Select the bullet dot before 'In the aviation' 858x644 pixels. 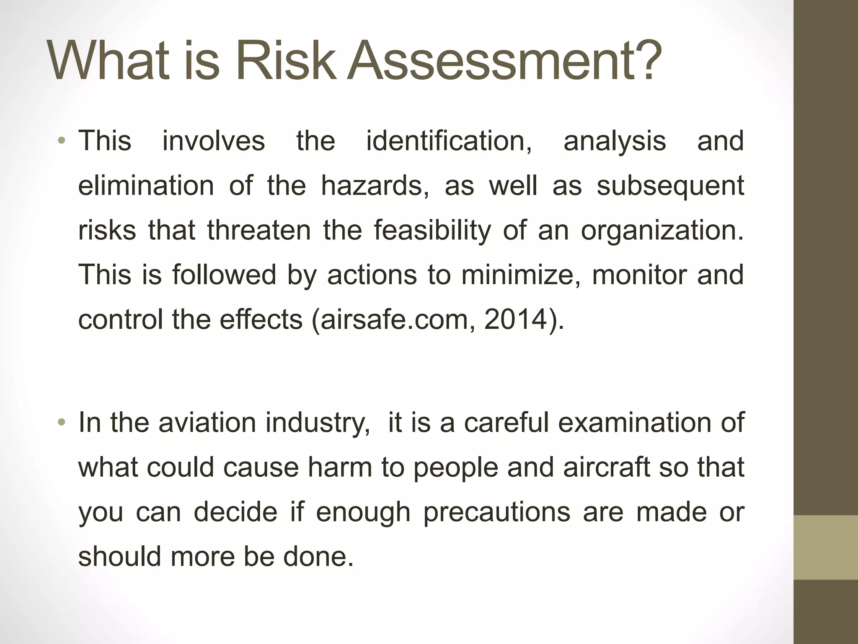tap(62, 422)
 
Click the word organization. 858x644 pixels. tap(662, 230)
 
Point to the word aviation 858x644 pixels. tap(207, 422)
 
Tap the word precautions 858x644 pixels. tap(496, 512)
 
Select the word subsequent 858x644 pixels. tap(670, 185)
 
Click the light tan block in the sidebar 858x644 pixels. tap(826, 547)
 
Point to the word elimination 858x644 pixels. tap(146, 185)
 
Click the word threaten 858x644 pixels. tap(258, 230)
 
